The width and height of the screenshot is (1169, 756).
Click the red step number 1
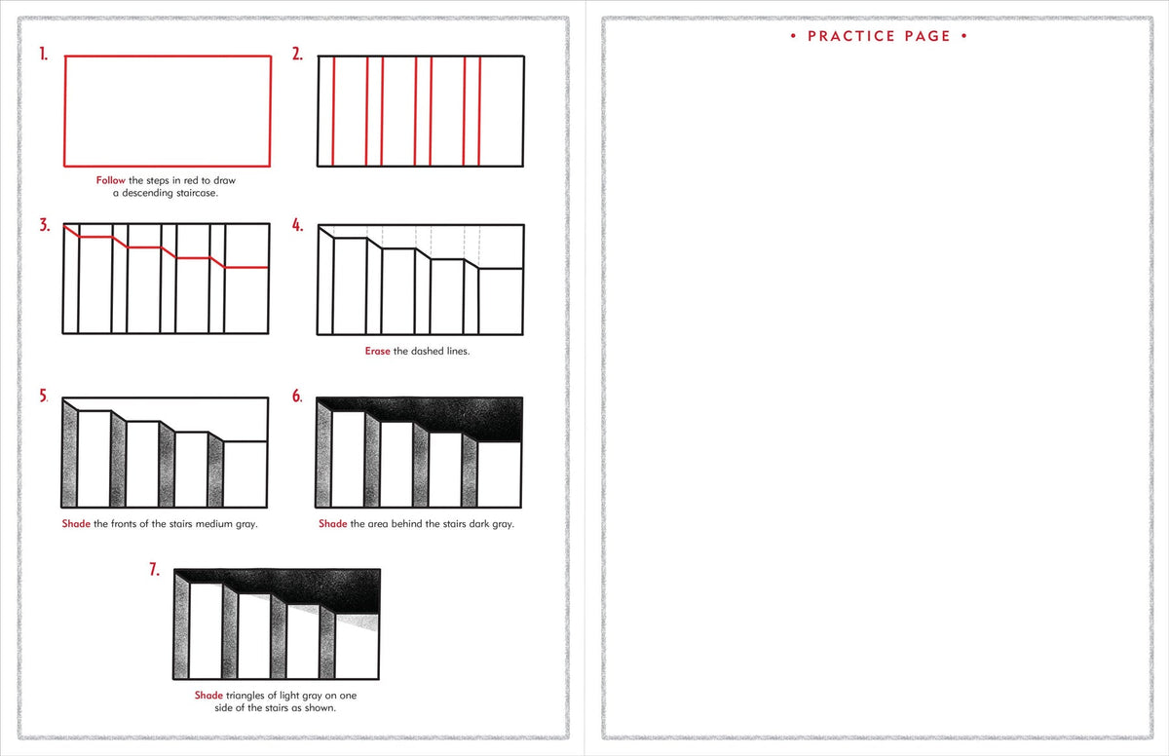43,56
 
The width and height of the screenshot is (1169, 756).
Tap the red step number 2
297,56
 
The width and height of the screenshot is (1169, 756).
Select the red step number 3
45,226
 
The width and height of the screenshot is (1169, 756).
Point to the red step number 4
297,226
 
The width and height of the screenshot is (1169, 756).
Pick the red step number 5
44,397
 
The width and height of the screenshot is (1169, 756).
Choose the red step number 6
297,397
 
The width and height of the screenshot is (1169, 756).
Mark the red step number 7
155,570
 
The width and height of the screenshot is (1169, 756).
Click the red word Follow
110,180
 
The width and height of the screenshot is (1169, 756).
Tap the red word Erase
377,351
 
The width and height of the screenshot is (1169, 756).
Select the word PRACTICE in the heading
850,36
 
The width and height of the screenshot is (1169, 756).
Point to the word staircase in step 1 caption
195,193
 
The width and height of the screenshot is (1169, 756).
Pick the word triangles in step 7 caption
249,696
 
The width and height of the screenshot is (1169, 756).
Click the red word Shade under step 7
208,696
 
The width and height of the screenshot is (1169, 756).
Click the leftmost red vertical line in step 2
333,111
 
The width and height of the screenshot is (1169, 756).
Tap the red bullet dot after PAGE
963,36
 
